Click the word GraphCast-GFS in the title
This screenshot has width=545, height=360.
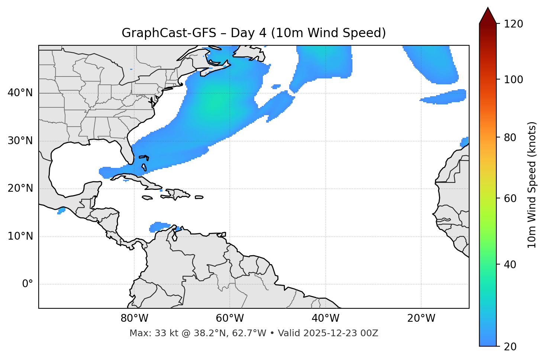pos(169,33)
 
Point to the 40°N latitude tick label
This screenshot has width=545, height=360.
pos(20,93)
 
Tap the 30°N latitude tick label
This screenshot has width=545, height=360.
pos(20,141)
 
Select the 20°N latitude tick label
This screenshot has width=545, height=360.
pos(20,188)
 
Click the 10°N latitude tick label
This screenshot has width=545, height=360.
pos(20,236)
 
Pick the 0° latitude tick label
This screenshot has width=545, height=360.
pos(28,284)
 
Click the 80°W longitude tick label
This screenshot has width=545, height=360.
pos(134,318)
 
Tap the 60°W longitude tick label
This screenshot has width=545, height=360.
pos(230,318)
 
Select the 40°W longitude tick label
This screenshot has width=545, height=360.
pos(325,318)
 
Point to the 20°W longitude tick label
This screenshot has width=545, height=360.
pos(421,318)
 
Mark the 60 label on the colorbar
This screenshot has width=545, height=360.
pos(510,198)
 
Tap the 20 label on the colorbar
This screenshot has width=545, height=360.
pos(510,347)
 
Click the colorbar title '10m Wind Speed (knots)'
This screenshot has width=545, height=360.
pos(532,185)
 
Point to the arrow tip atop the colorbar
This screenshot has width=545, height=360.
pos(488,8)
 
